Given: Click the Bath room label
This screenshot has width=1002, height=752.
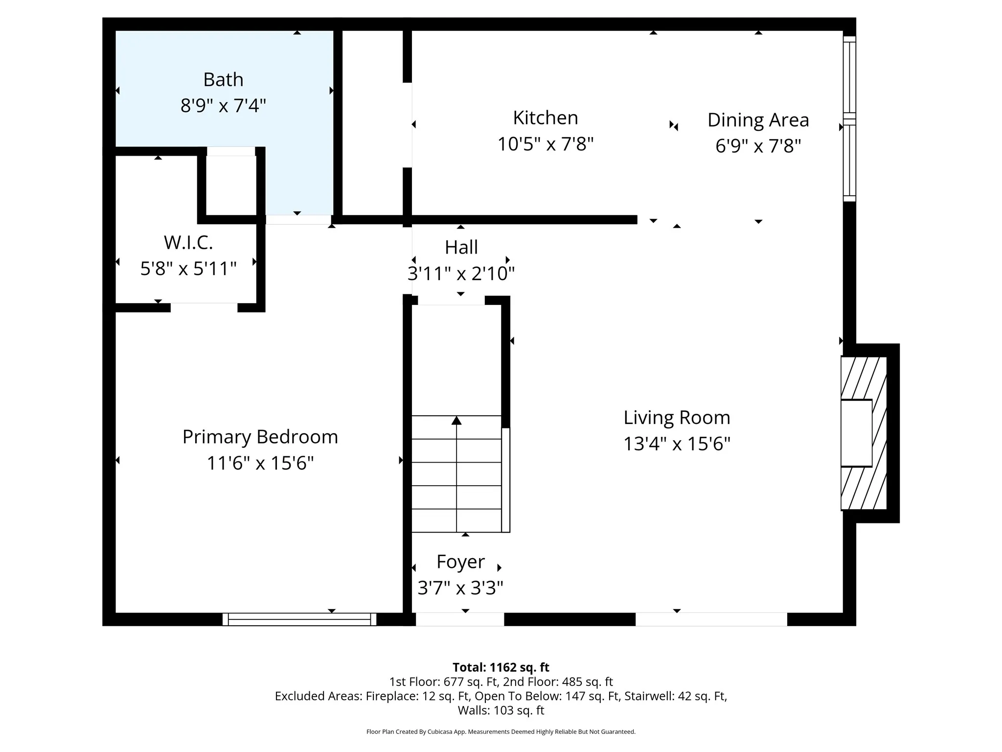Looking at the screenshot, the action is coord(223,79).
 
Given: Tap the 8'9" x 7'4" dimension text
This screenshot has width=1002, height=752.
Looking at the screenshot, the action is coord(223,105).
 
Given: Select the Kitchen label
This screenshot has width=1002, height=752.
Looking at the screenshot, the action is coord(546,118).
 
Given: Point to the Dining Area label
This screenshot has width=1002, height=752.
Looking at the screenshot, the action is coord(758,120).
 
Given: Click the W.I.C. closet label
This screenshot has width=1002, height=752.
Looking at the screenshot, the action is coord(188,242).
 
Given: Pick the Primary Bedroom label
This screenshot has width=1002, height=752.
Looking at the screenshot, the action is coord(260,437).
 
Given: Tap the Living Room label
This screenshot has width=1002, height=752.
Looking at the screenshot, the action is coord(677,418).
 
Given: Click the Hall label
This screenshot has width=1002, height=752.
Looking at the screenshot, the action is coord(461,247).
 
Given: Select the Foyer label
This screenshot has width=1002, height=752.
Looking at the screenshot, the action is coord(460,562).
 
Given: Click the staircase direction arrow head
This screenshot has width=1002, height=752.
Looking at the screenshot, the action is coord(456,421).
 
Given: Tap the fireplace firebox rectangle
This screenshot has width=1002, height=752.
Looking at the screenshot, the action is coord(856,433).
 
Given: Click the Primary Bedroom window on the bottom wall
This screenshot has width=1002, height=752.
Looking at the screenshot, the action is coord(299,619).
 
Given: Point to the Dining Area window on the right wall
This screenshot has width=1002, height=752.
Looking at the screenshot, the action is coord(849,119).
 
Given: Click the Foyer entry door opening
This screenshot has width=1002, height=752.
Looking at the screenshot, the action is coord(460,619).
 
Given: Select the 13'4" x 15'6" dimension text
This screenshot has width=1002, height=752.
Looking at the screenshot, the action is coord(677,444).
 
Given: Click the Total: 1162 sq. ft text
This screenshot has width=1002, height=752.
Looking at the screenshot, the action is coord(501,667).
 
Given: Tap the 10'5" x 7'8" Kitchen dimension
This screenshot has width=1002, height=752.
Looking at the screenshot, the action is coord(546,144).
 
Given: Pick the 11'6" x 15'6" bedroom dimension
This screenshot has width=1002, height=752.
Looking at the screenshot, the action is coord(260,463).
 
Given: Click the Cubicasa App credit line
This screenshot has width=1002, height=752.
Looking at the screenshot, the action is coord(501,732).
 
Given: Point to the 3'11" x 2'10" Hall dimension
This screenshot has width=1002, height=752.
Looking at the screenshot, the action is coord(461,273).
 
